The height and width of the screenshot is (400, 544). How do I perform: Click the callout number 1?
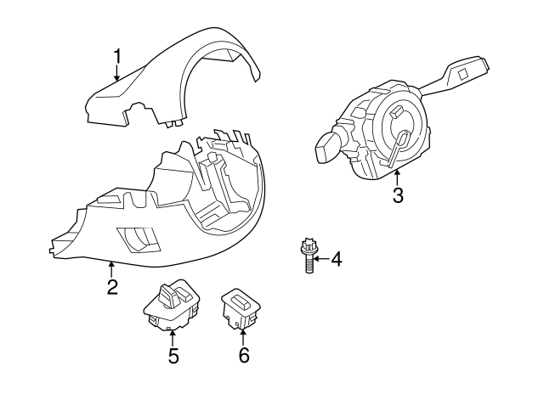117,57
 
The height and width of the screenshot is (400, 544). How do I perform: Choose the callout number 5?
173,356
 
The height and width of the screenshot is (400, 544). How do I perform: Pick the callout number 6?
243,356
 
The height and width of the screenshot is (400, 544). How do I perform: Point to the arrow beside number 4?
320,258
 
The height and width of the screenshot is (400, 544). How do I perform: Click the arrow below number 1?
117,75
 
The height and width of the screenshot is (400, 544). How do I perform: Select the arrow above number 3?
397,177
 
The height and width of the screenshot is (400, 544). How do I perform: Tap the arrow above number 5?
173,337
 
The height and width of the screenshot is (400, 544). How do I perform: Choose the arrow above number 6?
243,337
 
